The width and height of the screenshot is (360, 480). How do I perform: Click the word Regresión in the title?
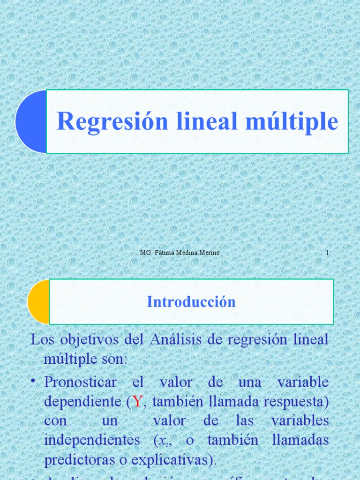point(112,121)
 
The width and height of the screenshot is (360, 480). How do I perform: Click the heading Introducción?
point(191,302)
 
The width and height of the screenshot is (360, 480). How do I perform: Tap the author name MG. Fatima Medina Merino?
point(180,253)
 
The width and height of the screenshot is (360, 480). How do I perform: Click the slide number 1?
point(327,253)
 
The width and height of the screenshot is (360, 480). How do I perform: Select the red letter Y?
point(137,401)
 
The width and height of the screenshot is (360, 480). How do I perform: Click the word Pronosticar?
point(80,382)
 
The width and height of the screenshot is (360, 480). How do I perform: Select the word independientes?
point(92,440)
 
